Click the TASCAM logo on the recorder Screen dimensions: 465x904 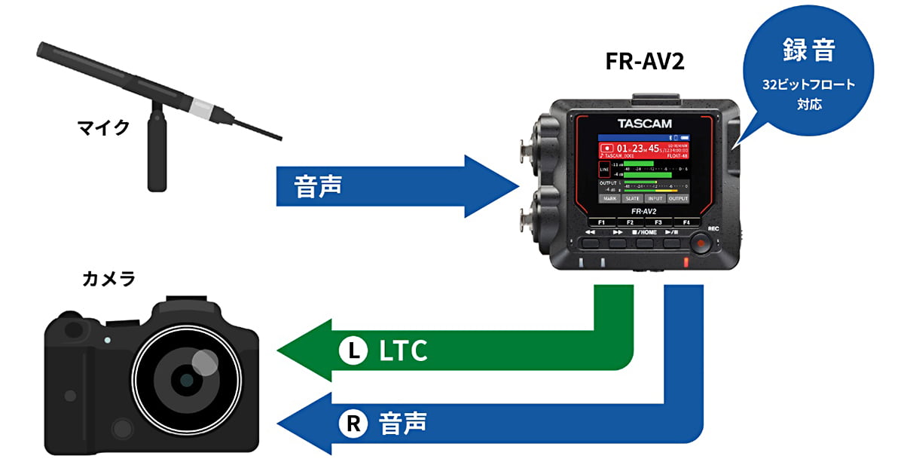click(x=644, y=123)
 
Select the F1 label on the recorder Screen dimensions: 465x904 click(x=601, y=223)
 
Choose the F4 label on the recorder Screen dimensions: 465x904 click(x=686, y=223)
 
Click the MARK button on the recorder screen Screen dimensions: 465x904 click(x=610, y=198)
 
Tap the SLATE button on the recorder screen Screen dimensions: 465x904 click(x=633, y=198)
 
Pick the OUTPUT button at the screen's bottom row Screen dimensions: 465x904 click(x=678, y=198)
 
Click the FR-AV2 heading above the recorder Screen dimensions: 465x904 click(x=645, y=63)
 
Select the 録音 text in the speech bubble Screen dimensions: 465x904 click(x=808, y=53)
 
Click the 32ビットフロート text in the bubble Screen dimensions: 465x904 click(x=808, y=84)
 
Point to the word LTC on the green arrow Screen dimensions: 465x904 click(x=403, y=350)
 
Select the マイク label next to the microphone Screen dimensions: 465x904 click(x=104, y=127)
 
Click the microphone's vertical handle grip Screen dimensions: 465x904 click(x=157, y=151)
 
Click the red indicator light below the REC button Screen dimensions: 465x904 click(x=686, y=263)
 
